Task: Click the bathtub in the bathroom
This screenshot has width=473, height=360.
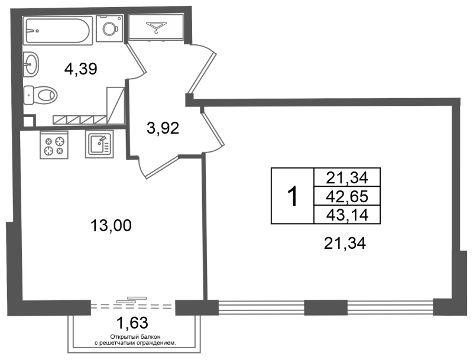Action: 57,31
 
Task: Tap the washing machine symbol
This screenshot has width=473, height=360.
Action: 109,28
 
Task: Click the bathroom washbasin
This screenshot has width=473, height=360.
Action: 31,64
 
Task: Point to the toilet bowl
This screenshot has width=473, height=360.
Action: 40,95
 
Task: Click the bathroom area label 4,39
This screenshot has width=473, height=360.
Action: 80,69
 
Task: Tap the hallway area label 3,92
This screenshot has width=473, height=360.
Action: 163,128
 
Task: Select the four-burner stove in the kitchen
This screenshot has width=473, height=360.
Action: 54,145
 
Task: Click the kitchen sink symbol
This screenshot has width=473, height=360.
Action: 99,144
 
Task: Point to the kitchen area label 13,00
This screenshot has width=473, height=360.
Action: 111,226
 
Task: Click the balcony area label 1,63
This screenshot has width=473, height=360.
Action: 132,323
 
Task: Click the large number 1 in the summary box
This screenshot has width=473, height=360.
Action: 292,196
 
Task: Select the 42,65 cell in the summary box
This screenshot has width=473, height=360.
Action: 347,196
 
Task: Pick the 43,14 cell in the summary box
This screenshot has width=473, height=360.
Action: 347,215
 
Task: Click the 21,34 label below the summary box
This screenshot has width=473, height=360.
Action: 345,244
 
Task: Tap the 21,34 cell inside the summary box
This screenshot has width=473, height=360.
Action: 347,177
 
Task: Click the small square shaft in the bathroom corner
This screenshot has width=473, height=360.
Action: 28,121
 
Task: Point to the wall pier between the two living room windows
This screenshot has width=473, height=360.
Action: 326,307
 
